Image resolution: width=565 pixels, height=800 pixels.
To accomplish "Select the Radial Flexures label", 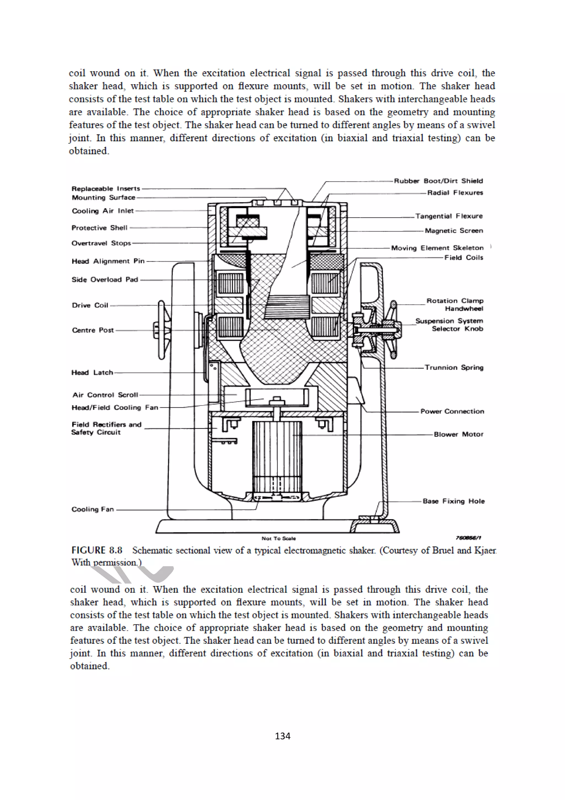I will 455,193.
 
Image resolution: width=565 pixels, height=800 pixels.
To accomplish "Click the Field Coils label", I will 463,258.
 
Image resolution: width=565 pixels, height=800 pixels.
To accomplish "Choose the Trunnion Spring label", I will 454,368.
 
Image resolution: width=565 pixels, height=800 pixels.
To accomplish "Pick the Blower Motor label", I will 458,434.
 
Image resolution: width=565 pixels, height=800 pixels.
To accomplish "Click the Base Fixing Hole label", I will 453,501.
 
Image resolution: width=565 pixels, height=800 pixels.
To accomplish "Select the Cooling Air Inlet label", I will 103,211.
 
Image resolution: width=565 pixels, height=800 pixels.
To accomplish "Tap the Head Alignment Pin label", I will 108,261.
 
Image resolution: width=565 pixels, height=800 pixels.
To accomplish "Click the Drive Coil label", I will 90,305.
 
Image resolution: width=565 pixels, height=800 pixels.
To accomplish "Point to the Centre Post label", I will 93,330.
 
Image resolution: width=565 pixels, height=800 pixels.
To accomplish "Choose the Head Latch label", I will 92,372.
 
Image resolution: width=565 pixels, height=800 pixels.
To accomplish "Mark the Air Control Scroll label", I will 105,395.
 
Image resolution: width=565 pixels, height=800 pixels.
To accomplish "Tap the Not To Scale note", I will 278,538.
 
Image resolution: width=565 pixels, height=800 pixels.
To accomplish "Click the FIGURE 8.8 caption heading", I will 97,550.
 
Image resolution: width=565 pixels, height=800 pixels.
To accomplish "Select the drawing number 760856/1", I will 468,538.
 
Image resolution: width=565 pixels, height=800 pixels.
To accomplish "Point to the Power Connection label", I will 452,411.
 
